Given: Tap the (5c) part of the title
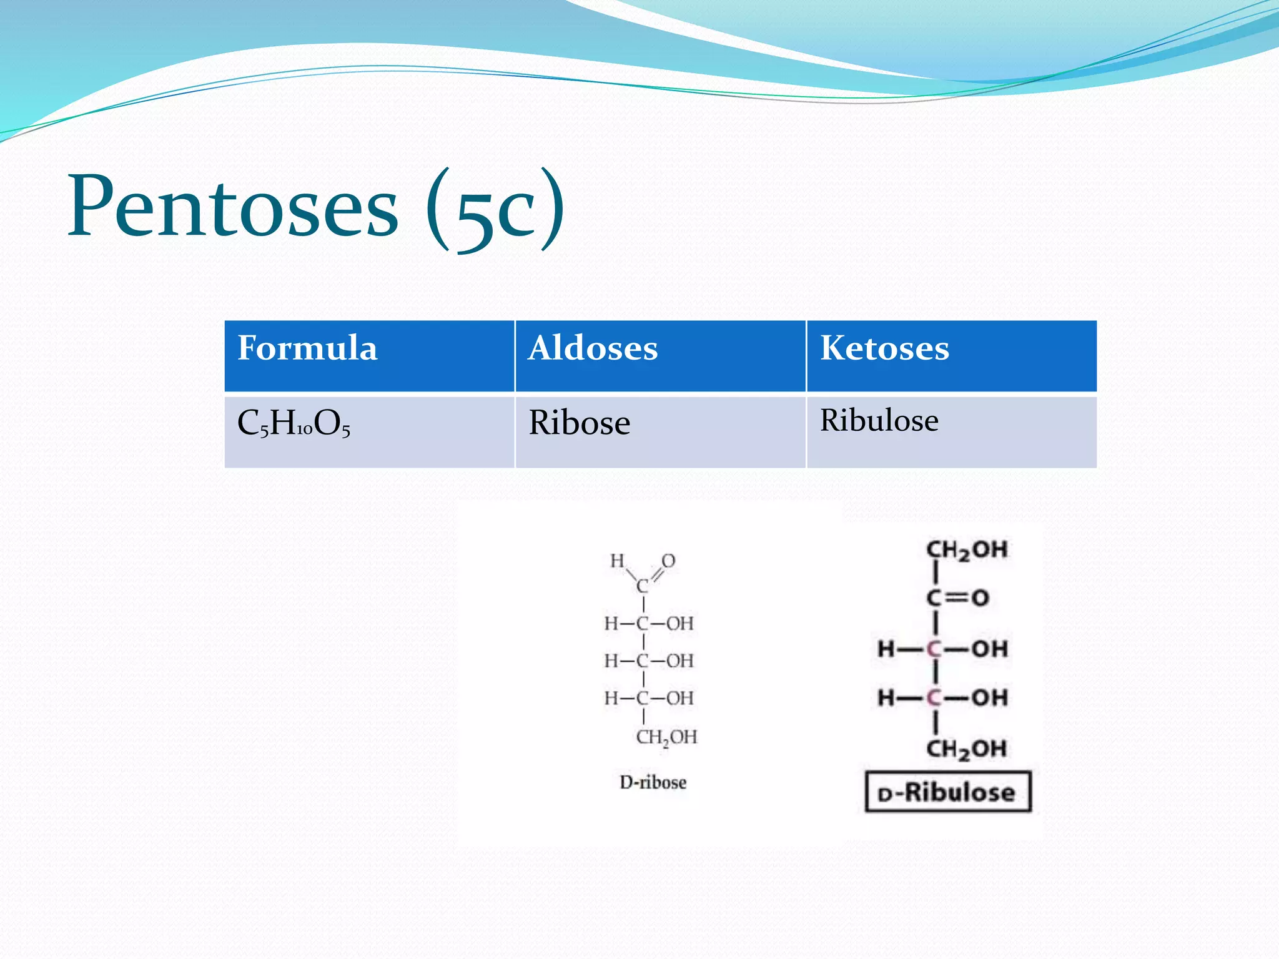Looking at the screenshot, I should tap(496, 210).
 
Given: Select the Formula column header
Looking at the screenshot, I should tap(307, 348).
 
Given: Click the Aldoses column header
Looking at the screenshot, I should tap(593, 348).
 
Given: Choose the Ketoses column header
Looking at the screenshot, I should tap(884, 348).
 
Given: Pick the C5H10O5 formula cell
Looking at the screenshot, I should tap(294, 423).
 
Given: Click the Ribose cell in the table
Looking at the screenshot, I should tap(579, 423).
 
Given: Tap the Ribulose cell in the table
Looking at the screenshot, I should tap(879, 420).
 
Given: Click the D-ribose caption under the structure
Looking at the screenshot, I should tap(653, 782).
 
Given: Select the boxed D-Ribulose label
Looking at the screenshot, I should tap(947, 792).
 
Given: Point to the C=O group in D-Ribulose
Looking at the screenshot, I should tap(957, 598).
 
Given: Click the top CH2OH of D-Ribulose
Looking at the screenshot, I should tap(966, 550).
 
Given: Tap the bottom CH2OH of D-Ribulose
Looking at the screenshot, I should tap(966, 748).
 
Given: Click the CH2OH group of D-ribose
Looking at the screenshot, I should tap(666, 737).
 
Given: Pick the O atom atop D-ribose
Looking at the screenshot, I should tap(668, 561).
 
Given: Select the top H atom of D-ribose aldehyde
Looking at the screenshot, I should tap(617, 561).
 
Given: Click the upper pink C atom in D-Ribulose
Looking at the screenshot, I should tap(934, 649).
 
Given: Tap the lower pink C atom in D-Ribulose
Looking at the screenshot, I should tap(934, 697).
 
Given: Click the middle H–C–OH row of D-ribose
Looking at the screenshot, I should tap(648, 661).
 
